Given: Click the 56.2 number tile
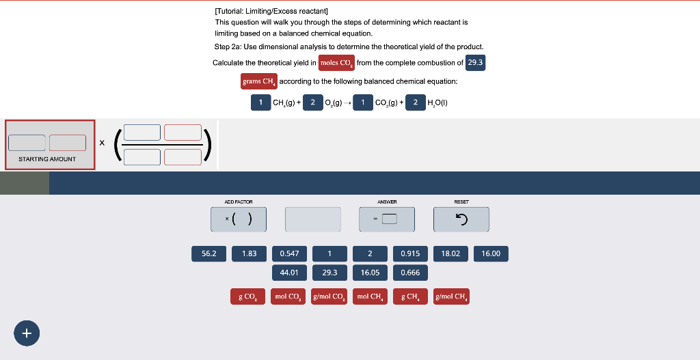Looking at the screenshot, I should pyautogui.click(x=208, y=253).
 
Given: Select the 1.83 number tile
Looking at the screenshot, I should pyautogui.click(x=249, y=253).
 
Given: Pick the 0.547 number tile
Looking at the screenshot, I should pyautogui.click(x=289, y=253).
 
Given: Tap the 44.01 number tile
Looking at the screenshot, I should pyautogui.click(x=289, y=273).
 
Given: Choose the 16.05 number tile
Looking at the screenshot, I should pyautogui.click(x=370, y=273).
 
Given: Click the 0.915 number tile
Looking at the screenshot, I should pyautogui.click(x=410, y=253).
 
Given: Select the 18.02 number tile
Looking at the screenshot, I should pyautogui.click(x=450, y=253).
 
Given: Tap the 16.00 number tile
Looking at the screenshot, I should pyautogui.click(x=491, y=253).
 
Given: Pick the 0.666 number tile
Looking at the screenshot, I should pyautogui.click(x=410, y=273).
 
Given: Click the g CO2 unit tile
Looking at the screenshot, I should pyautogui.click(x=247, y=296).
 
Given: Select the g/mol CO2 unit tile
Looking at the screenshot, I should pyautogui.click(x=329, y=296).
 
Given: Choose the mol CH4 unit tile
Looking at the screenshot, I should pyautogui.click(x=370, y=296).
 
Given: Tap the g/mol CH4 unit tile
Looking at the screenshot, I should pyautogui.click(x=451, y=296).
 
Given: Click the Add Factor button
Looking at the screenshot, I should pyautogui.click(x=239, y=219).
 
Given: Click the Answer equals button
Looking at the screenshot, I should pyautogui.click(x=387, y=219).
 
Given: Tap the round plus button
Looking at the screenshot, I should pyautogui.click(x=27, y=333).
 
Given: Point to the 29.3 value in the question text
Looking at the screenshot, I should pyautogui.click(x=475, y=63).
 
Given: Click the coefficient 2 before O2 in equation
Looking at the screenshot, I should pyautogui.click(x=312, y=102).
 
